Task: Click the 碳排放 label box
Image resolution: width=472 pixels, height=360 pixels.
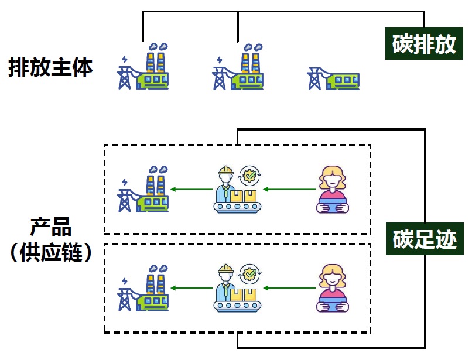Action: pos(424,44)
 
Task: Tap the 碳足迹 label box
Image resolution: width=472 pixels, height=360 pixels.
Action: pos(424,239)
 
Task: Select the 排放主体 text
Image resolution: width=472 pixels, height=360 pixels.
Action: pos(50,67)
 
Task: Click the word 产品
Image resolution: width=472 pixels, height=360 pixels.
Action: pos(50,227)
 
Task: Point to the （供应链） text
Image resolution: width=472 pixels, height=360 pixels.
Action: pos(50,252)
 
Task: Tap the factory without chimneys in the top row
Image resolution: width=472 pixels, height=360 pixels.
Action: pos(333,78)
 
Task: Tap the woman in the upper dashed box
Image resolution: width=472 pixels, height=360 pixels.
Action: pos(332,190)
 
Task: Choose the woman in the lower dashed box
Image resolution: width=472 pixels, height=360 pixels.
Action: pos(332,289)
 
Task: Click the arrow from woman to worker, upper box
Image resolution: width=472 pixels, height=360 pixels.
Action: pos(290,189)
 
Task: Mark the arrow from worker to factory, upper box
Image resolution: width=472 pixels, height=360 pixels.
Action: pos(191,189)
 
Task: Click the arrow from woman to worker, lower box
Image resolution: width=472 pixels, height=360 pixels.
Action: pos(290,287)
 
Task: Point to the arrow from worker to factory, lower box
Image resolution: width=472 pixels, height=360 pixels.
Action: pos(191,287)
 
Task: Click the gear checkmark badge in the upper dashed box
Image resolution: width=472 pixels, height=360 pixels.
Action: pos(251,174)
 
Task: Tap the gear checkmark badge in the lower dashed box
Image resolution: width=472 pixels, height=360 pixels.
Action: pos(251,273)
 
